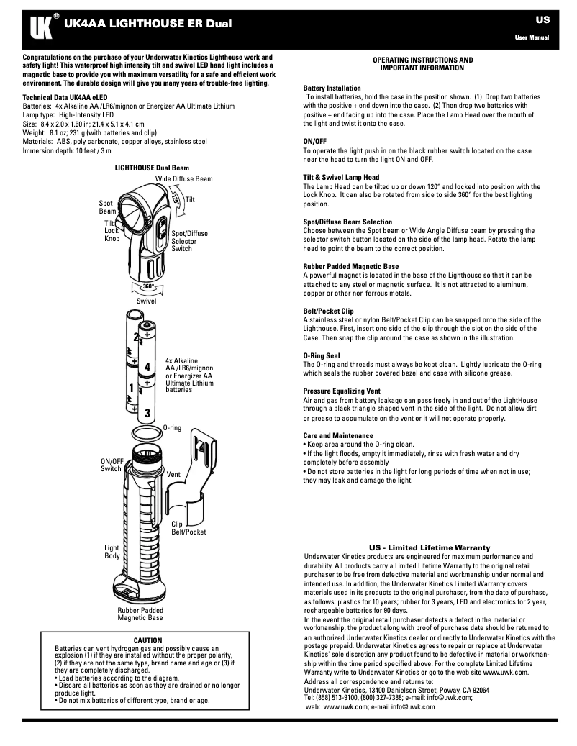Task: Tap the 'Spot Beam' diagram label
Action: click(107, 208)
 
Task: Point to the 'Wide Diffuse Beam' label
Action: click(183, 178)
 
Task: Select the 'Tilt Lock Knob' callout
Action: click(112, 231)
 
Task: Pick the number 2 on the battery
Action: click(135, 337)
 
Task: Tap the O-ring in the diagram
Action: click(147, 435)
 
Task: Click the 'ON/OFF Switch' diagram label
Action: click(111, 465)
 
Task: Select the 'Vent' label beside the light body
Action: click(173, 475)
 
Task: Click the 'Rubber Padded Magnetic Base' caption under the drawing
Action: click(140, 614)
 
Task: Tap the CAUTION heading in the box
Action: click(148, 640)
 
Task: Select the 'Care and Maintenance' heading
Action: click(338, 435)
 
